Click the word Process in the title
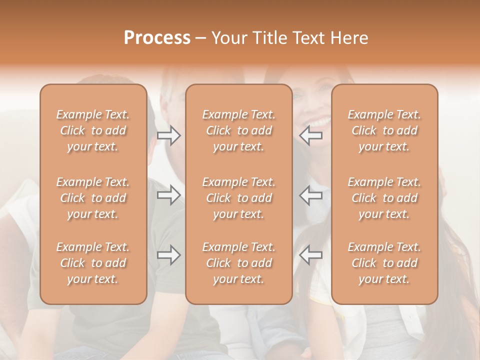coord(157,38)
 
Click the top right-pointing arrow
coord(169,135)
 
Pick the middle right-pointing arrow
coord(169,195)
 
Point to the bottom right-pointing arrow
coord(169,255)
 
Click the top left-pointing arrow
coord(311,135)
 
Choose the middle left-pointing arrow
coord(311,195)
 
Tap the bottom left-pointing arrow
coord(311,255)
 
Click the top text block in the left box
coord(93,130)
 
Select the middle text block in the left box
coord(93,198)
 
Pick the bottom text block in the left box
coord(93,263)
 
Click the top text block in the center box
coord(239,130)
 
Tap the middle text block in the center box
coord(239,198)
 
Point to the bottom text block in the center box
coord(239,263)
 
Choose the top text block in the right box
coord(384,130)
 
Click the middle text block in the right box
coord(384,198)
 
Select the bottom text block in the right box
coord(384,263)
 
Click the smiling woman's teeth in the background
coord(320,121)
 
